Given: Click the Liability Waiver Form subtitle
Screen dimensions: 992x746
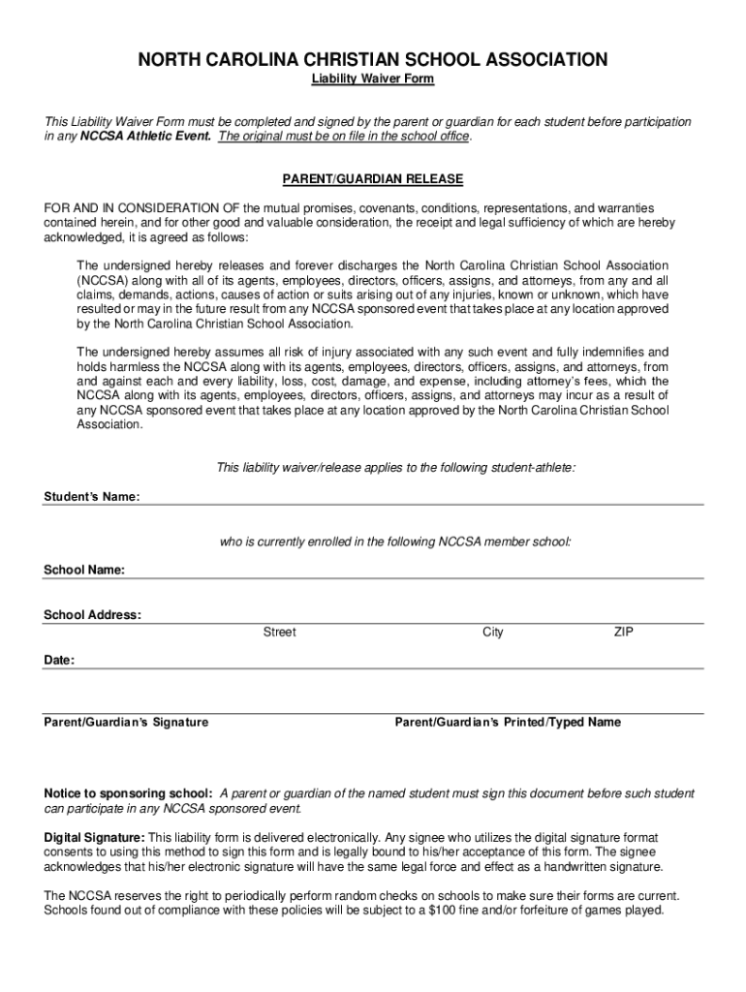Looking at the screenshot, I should (372, 79).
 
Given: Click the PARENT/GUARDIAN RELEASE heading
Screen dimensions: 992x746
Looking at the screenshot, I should (372, 180).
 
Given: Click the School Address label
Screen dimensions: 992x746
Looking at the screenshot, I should (92, 615).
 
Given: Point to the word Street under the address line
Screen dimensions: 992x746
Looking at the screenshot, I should (280, 633).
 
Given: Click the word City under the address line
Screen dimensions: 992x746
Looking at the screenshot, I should (493, 633).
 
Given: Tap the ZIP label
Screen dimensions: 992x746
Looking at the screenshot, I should (623, 633).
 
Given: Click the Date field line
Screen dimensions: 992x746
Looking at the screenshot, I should (388, 666).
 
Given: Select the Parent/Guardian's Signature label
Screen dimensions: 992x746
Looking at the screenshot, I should (126, 723).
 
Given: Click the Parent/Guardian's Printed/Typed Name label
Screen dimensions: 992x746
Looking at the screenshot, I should (509, 723).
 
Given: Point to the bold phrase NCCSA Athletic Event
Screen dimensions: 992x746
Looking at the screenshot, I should (145, 138).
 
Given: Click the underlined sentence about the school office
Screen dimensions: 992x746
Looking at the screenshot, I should (344, 138).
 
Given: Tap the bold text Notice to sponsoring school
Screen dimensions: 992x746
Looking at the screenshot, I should (129, 793).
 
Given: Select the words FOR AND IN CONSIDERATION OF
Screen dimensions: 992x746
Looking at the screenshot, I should (142, 208).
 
